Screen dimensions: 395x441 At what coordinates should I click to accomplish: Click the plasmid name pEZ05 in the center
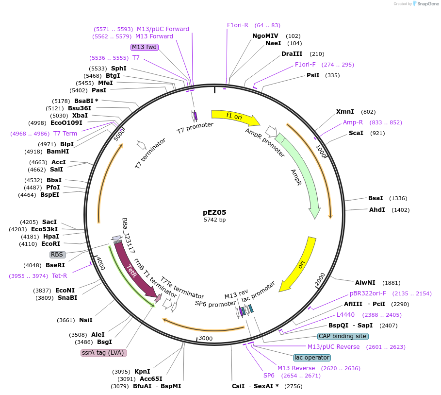pos(214,212)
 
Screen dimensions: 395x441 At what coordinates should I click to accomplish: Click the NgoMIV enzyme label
pos(265,36)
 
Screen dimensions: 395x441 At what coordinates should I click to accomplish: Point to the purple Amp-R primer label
pos(353,122)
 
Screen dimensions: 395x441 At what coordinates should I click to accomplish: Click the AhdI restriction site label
pos(377,210)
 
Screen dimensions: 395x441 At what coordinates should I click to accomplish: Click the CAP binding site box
pos(343,336)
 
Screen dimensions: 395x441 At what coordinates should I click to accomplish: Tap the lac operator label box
pos(312,358)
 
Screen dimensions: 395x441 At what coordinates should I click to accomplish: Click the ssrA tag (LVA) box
pos(104,353)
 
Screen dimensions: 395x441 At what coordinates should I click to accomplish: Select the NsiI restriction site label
pos(86,320)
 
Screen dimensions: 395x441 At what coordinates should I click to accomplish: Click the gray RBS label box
pos(57,254)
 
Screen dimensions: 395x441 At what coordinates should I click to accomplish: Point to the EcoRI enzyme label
pos(50,244)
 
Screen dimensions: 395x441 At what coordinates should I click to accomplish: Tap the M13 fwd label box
pos(145,47)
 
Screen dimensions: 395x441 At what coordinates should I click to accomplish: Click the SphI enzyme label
pos(119,69)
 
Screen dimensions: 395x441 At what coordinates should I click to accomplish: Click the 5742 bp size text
pos(214,220)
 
